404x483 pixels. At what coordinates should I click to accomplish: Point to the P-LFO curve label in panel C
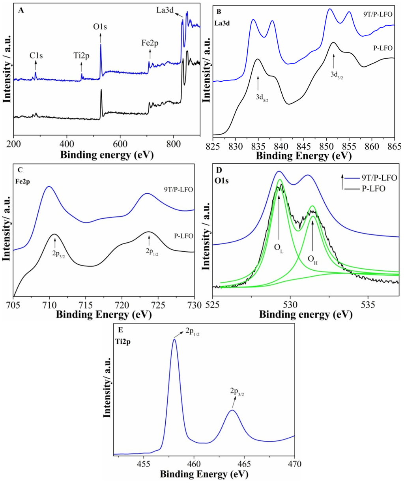[x=183, y=236]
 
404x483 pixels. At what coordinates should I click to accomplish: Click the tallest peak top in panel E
[x=174, y=339]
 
